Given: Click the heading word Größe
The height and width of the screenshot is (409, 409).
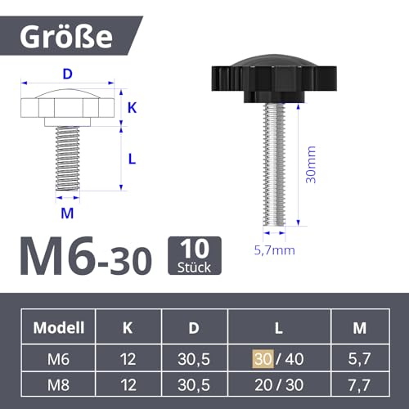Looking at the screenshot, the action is (66, 37).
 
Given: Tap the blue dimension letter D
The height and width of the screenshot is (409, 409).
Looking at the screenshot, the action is (67, 74).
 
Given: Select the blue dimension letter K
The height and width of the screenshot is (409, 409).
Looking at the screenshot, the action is (133, 108).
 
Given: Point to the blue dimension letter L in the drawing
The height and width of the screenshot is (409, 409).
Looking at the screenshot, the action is (133, 159).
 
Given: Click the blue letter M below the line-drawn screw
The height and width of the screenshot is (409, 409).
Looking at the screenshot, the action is (67, 213).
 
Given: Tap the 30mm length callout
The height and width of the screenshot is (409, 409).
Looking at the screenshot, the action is (311, 164).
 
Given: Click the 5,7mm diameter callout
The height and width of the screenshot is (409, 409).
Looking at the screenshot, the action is (275, 250).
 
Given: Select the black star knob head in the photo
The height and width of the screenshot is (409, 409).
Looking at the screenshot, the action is (274, 79).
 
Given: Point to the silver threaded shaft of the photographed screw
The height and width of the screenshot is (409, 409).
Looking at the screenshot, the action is (274, 164).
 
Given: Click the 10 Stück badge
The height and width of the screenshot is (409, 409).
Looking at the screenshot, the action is (195, 255).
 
